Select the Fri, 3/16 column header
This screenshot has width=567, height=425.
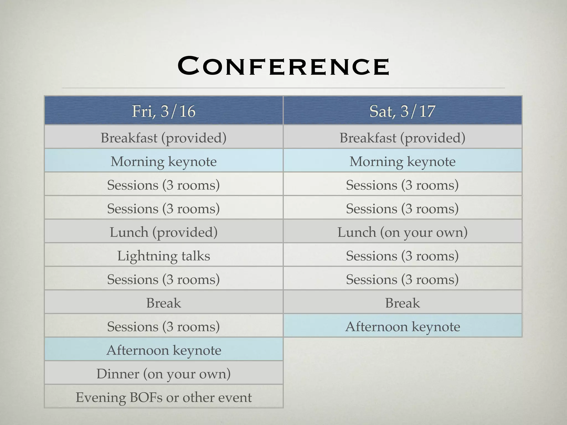[x=164, y=111]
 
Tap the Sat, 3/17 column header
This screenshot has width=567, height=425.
[x=402, y=111]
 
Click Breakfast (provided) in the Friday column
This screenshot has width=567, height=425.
[x=164, y=138]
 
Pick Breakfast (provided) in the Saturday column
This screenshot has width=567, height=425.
[x=402, y=138]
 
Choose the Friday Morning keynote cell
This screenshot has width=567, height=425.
[x=164, y=161]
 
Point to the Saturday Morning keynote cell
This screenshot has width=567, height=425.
[x=402, y=161]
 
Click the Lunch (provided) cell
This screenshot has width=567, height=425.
[x=164, y=232]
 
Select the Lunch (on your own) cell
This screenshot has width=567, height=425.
[x=402, y=232]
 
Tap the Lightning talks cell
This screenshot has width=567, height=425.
[x=164, y=256]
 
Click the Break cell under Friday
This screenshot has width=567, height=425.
[x=164, y=303]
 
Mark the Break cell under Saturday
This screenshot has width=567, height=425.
[x=402, y=303]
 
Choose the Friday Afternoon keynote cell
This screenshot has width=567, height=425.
[x=164, y=350]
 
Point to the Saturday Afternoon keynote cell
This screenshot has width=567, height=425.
[x=402, y=326]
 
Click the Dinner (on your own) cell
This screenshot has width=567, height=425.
[x=164, y=374]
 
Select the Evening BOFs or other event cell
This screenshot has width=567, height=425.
[x=164, y=397]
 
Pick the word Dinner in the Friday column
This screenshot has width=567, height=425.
[x=118, y=374]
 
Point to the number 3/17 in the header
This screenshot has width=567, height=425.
[x=418, y=111]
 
